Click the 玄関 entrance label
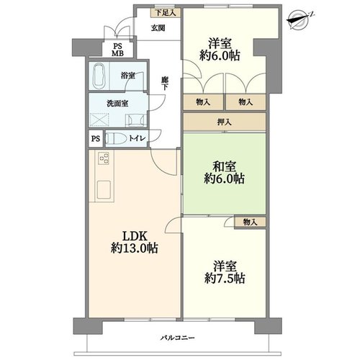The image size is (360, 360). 158,28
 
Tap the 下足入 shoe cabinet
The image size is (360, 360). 166,13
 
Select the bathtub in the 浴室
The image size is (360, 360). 99,76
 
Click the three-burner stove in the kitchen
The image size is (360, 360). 104,158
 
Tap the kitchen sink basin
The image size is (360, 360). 104,189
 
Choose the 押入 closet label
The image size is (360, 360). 225,122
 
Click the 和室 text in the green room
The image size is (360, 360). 225,166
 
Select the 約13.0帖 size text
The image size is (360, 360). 135,248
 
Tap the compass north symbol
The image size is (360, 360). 298,19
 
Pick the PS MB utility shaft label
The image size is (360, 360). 117,50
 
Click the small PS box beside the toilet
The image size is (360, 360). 96,139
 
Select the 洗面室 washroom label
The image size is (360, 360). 117,104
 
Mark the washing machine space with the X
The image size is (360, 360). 99,120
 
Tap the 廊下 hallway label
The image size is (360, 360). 164,84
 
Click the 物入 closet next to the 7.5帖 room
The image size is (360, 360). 251,222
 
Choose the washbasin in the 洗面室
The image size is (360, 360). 135,120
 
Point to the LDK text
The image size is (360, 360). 135,236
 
